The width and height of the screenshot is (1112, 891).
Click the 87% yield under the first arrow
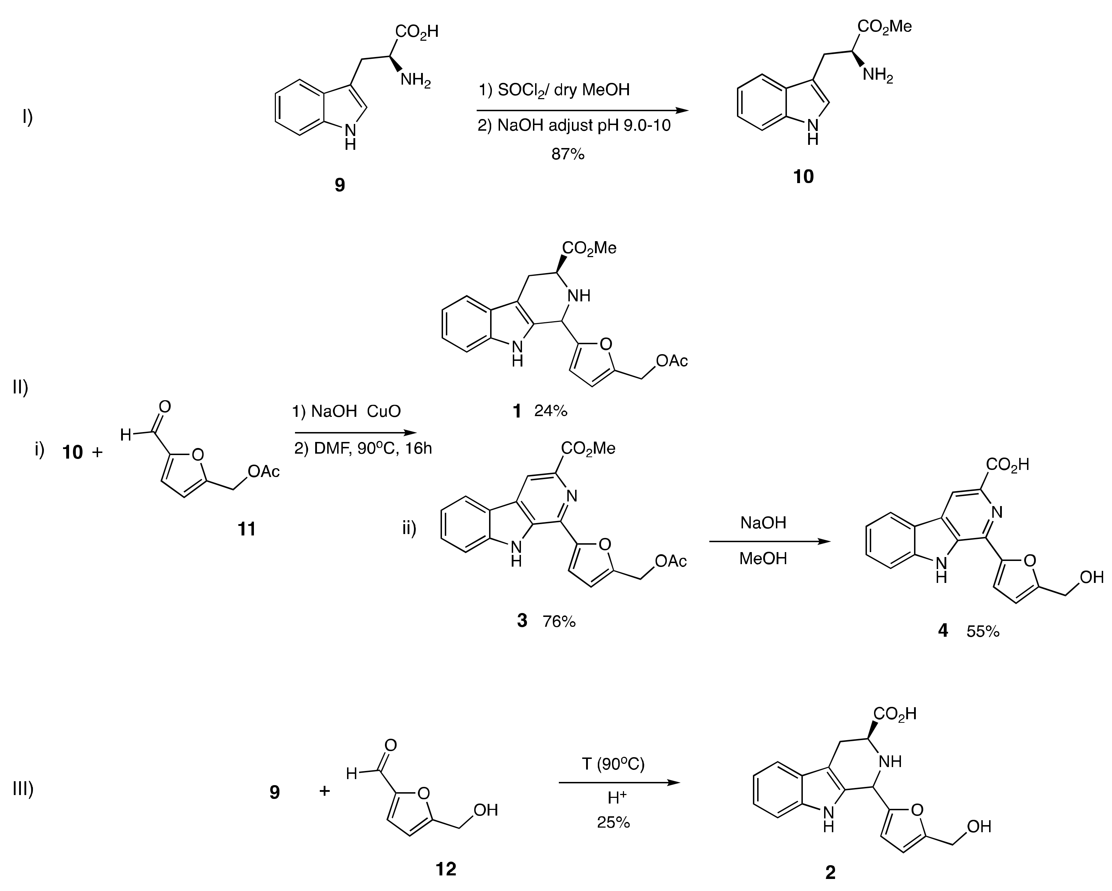(x=567, y=154)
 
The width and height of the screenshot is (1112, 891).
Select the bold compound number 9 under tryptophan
(x=339, y=185)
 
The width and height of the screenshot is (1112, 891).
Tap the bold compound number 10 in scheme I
(x=803, y=177)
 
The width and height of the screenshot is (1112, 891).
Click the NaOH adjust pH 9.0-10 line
(x=574, y=126)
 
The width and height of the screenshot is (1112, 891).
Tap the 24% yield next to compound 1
(x=551, y=411)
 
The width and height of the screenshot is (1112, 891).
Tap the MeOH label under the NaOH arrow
(x=763, y=558)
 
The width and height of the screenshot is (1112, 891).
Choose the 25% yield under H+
(x=613, y=822)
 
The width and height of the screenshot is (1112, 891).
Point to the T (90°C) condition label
(x=613, y=764)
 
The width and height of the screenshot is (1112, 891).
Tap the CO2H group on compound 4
(x=1007, y=465)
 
